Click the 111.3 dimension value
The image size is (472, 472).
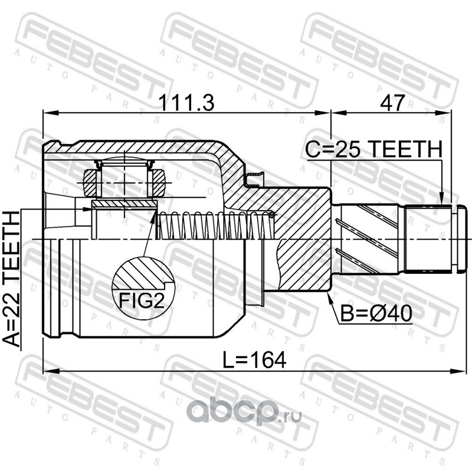[x=187, y=103]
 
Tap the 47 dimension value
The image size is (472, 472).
[x=392, y=103]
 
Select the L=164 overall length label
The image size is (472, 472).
[x=254, y=360]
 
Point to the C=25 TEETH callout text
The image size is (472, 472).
[x=374, y=149]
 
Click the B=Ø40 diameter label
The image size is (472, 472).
[x=376, y=313]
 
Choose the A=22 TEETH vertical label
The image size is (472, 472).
[x=11, y=279]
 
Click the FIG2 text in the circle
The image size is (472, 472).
[x=142, y=300]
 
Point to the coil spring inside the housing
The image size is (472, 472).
[x=216, y=225]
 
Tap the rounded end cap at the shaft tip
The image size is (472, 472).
[x=462, y=239]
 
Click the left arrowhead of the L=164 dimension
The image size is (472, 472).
[x=50, y=371]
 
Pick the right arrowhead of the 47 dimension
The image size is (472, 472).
[x=445, y=113]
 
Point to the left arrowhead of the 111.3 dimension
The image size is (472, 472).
[x=50, y=113]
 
